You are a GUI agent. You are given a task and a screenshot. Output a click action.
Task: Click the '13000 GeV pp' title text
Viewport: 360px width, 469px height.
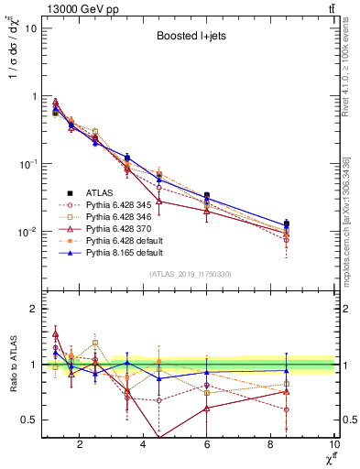click(x=78, y=8)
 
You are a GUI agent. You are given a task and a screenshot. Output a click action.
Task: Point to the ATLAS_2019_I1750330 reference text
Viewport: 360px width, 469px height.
click(x=191, y=274)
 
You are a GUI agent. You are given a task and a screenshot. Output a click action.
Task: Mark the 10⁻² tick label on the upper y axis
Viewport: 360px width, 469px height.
click(x=28, y=232)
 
